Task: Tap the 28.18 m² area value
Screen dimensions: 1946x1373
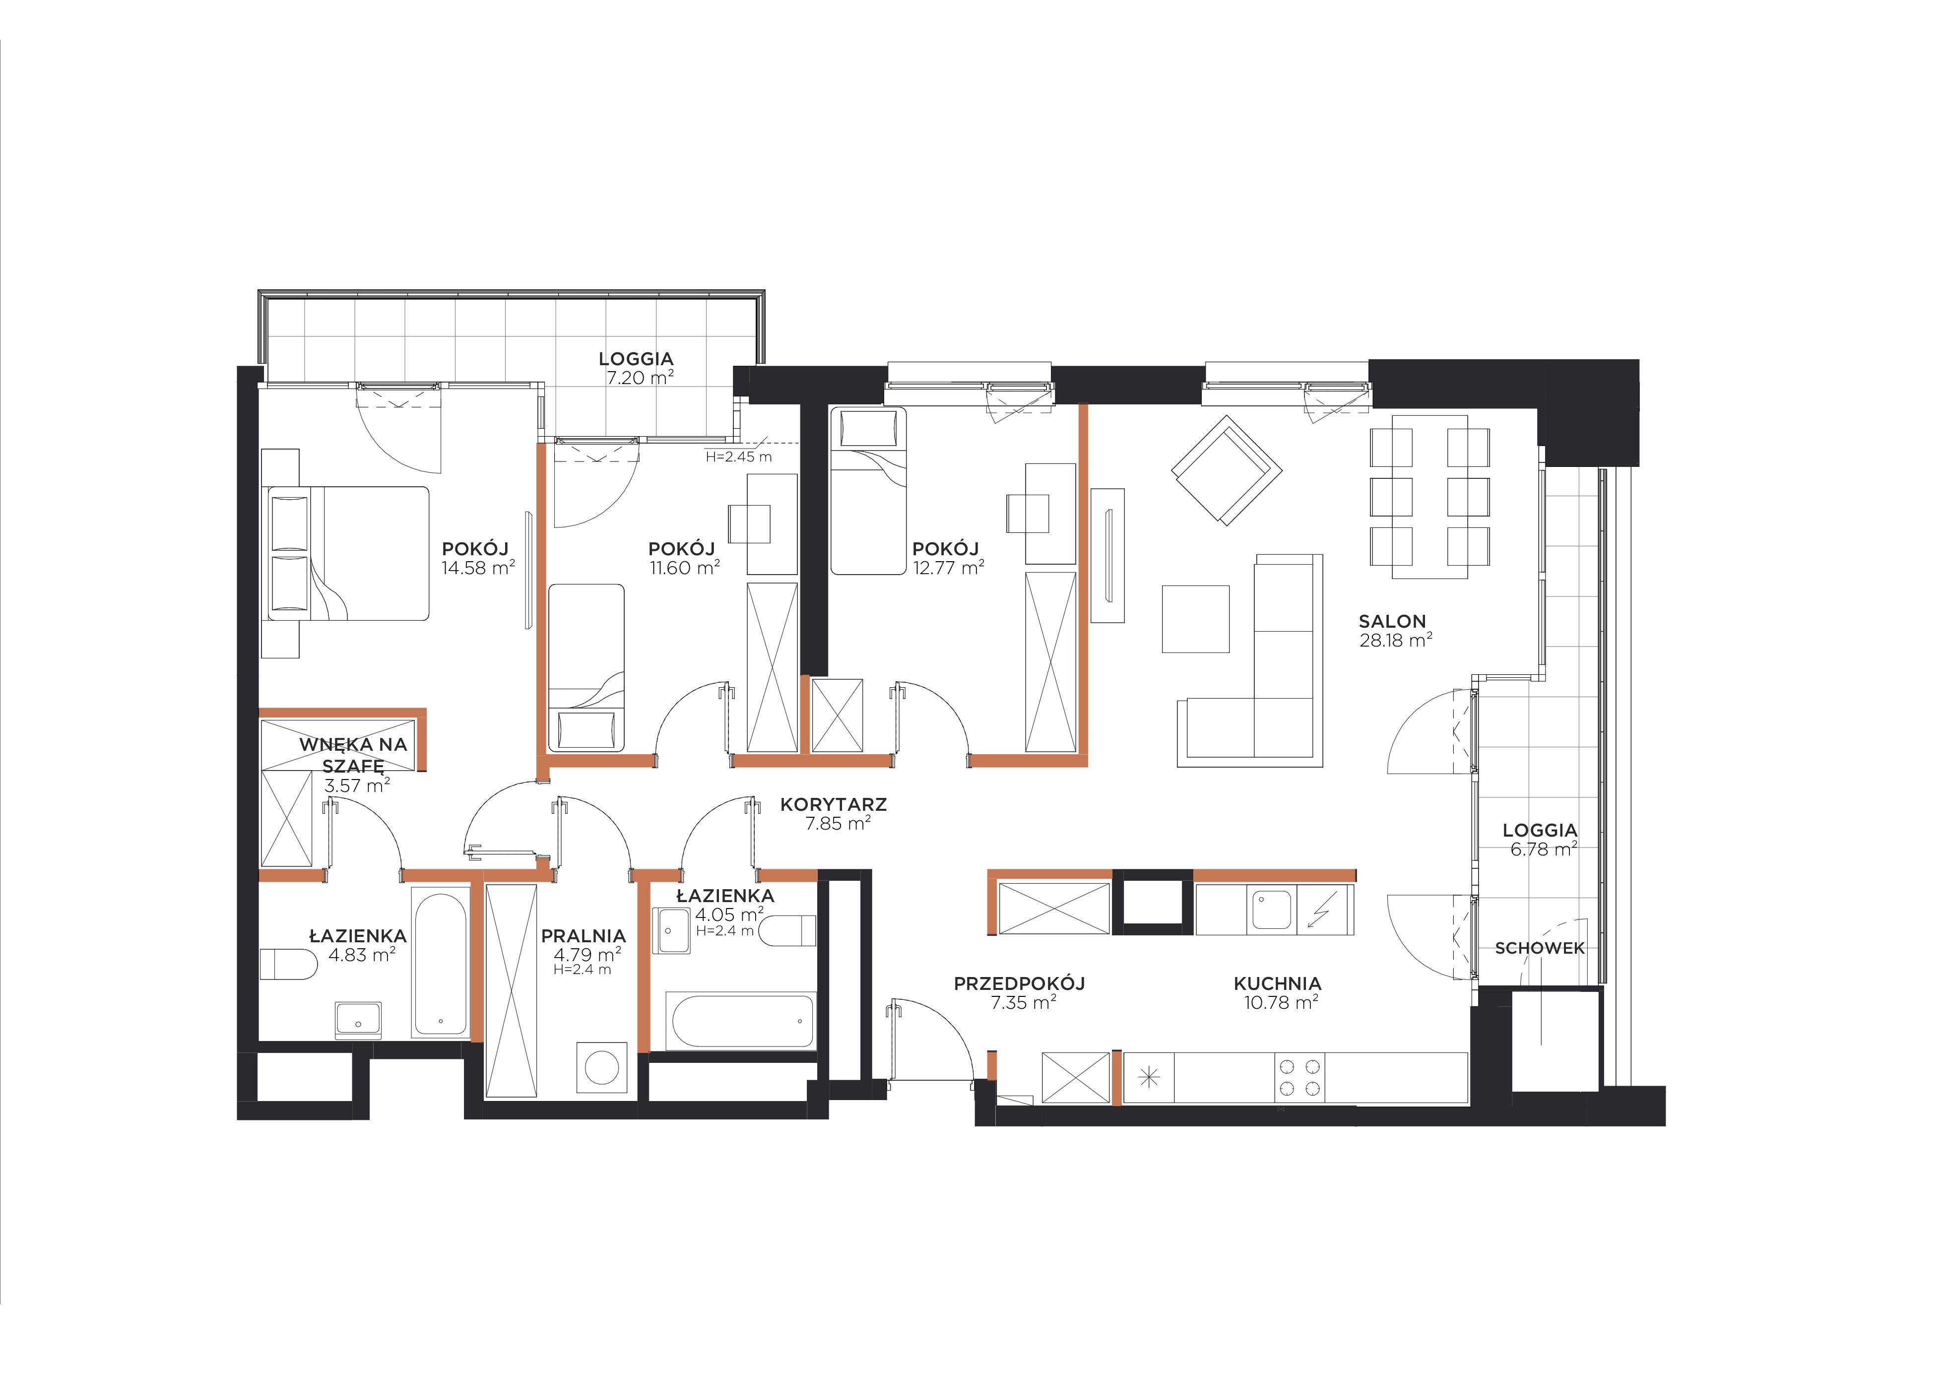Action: point(1396,641)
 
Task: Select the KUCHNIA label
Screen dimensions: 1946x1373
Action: point(1277,984)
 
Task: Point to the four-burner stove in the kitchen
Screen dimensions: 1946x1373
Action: point(1300,1078)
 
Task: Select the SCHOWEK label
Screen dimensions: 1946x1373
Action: point(1539,948)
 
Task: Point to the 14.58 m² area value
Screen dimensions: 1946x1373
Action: point(478,568)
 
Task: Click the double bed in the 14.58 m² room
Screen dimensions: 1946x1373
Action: point(348,553)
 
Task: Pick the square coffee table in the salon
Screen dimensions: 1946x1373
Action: point(1196,619)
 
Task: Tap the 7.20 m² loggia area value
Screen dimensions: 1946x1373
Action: point(640,378)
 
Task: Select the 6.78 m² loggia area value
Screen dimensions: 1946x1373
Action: point(1544,849)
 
